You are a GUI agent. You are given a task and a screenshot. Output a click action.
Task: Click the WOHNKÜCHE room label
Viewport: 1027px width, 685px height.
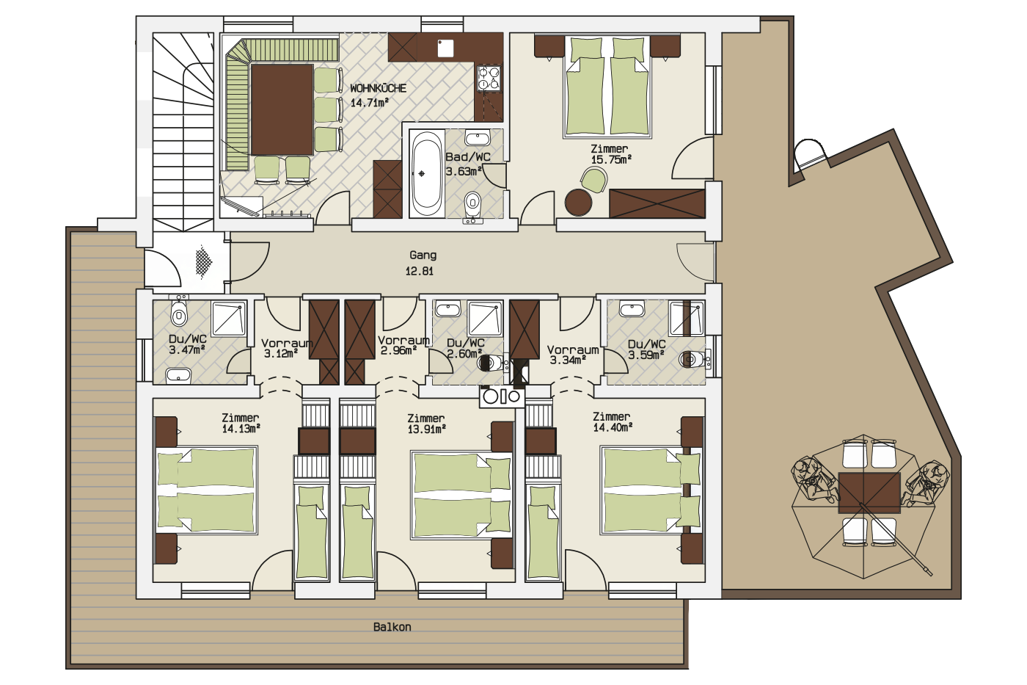pyautogui.click(x=379, y=88)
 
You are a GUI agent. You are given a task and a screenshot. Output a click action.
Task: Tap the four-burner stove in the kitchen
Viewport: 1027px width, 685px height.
pyautogui.click(x=489, y=78)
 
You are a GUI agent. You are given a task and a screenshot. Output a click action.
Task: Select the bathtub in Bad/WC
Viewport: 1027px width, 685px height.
pyautogui.click(x=427, y=173)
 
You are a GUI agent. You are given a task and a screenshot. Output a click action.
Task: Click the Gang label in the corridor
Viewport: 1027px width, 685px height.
pyautogui.click(x=423, y=255)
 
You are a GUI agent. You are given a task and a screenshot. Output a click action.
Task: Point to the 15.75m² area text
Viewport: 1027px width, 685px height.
pyautogui.click(x=611, y=159)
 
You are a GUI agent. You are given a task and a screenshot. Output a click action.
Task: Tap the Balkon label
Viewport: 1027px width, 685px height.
pyautogui.click(x=392, y=627)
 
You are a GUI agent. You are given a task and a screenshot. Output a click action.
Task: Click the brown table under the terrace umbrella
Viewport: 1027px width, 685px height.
pyautogui.click(x=869, y=493)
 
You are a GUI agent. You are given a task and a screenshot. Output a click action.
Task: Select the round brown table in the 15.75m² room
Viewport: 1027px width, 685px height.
pyautogui.click(x=579, y=203)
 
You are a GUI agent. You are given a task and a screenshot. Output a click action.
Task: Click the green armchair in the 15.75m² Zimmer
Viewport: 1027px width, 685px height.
pyautogui.click(x=594, y=179)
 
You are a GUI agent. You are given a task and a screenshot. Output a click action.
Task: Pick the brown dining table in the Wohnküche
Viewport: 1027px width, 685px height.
pyautogui.click(x=282, y=109)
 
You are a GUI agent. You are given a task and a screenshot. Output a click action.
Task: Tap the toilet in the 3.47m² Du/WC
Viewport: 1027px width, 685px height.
pyautogui.click(x=178, y=311)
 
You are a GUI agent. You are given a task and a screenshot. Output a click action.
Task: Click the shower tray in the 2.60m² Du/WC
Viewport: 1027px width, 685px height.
pyautogui.click(x=485, y=318)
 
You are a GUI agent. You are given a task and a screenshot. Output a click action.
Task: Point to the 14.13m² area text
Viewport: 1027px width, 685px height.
pyautogui.click(x=241, y=429)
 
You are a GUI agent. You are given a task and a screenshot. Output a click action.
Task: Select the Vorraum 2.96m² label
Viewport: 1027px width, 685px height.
pyautogui.click(x=403, y=346)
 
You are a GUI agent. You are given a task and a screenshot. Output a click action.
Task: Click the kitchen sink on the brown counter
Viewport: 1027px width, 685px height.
pyautogui.click(x=445, y=48)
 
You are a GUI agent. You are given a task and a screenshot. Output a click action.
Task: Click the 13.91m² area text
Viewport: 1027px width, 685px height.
pyautogui.click(x=427, y=430)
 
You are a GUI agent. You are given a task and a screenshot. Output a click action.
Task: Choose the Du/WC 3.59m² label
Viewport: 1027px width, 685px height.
pyautogui.click(x=646, y=349)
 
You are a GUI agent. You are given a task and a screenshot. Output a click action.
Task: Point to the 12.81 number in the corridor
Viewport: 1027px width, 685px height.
pyautogui.click(x=419, y=271)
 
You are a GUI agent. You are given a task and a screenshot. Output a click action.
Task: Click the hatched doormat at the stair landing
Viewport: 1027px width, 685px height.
pyautogui.click(x=204, y=262)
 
